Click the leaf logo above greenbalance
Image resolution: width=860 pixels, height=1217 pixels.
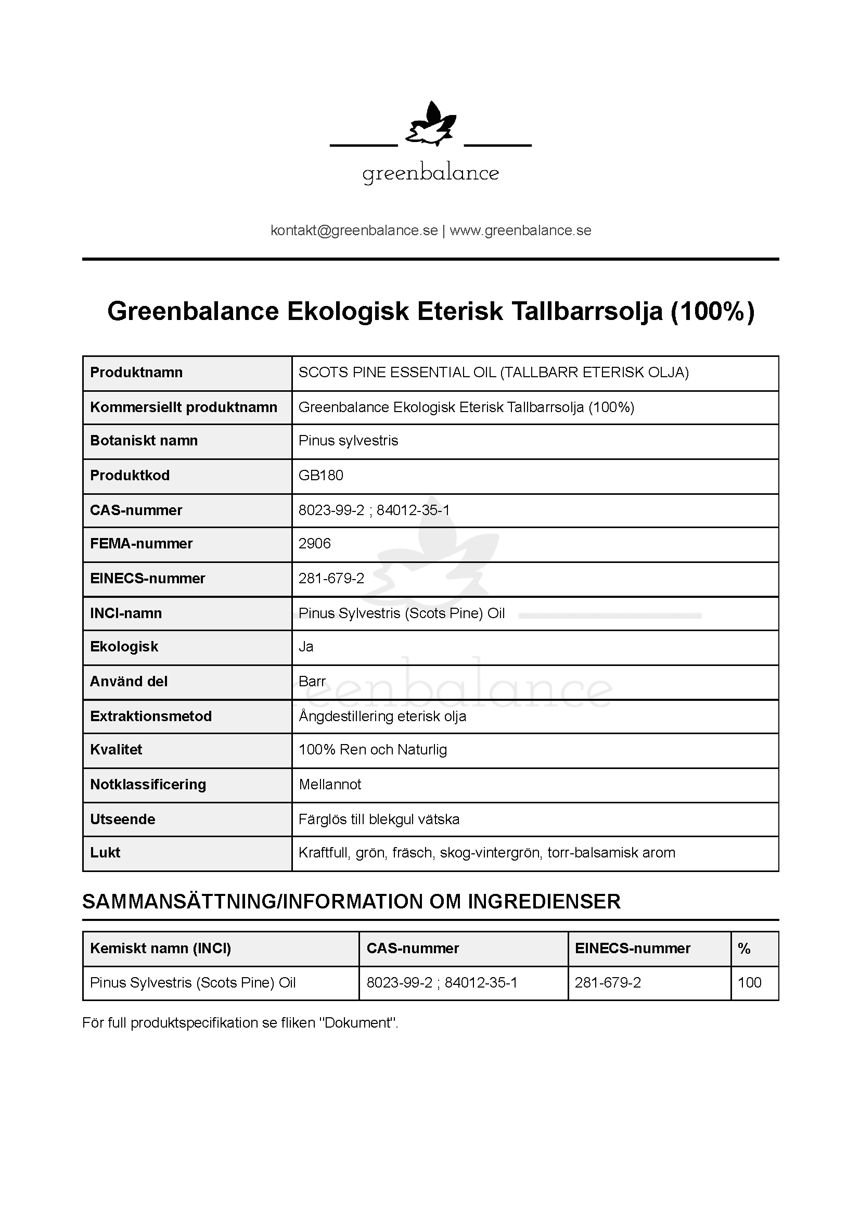click(x=430, y=125)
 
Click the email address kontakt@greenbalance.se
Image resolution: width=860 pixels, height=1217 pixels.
click(x=354, y=230)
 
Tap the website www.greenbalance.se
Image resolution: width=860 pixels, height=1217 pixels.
click(x=520, y=230)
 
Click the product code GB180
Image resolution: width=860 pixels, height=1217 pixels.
click(x=320, y=475)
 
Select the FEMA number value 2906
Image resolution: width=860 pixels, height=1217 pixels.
click(x=314, y=543)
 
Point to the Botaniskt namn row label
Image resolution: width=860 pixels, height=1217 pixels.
click(x=144, y=441)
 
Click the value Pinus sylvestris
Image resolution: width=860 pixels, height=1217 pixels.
click(x=348, y=441)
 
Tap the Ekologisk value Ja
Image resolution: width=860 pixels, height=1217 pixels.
click(x=306, y=647)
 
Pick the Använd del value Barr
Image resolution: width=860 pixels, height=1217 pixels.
click(x=312, y=681)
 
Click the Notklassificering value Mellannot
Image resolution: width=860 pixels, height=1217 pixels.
click(x=329, y=785)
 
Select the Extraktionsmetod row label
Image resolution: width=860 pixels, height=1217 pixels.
click(x=150, y=716)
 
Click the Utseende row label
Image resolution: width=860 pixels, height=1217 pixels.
click(x=122, y=819)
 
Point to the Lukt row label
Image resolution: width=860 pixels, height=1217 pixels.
click(x=105, y=852)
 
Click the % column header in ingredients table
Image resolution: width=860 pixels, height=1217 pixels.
click(x=744, y=949)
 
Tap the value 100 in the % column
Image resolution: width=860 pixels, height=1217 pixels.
click(x=749, y=982)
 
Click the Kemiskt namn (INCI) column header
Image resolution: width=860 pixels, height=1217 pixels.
click(x=160, y=949)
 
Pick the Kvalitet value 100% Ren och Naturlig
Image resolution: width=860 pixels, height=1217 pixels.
click(x=373, y=749)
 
